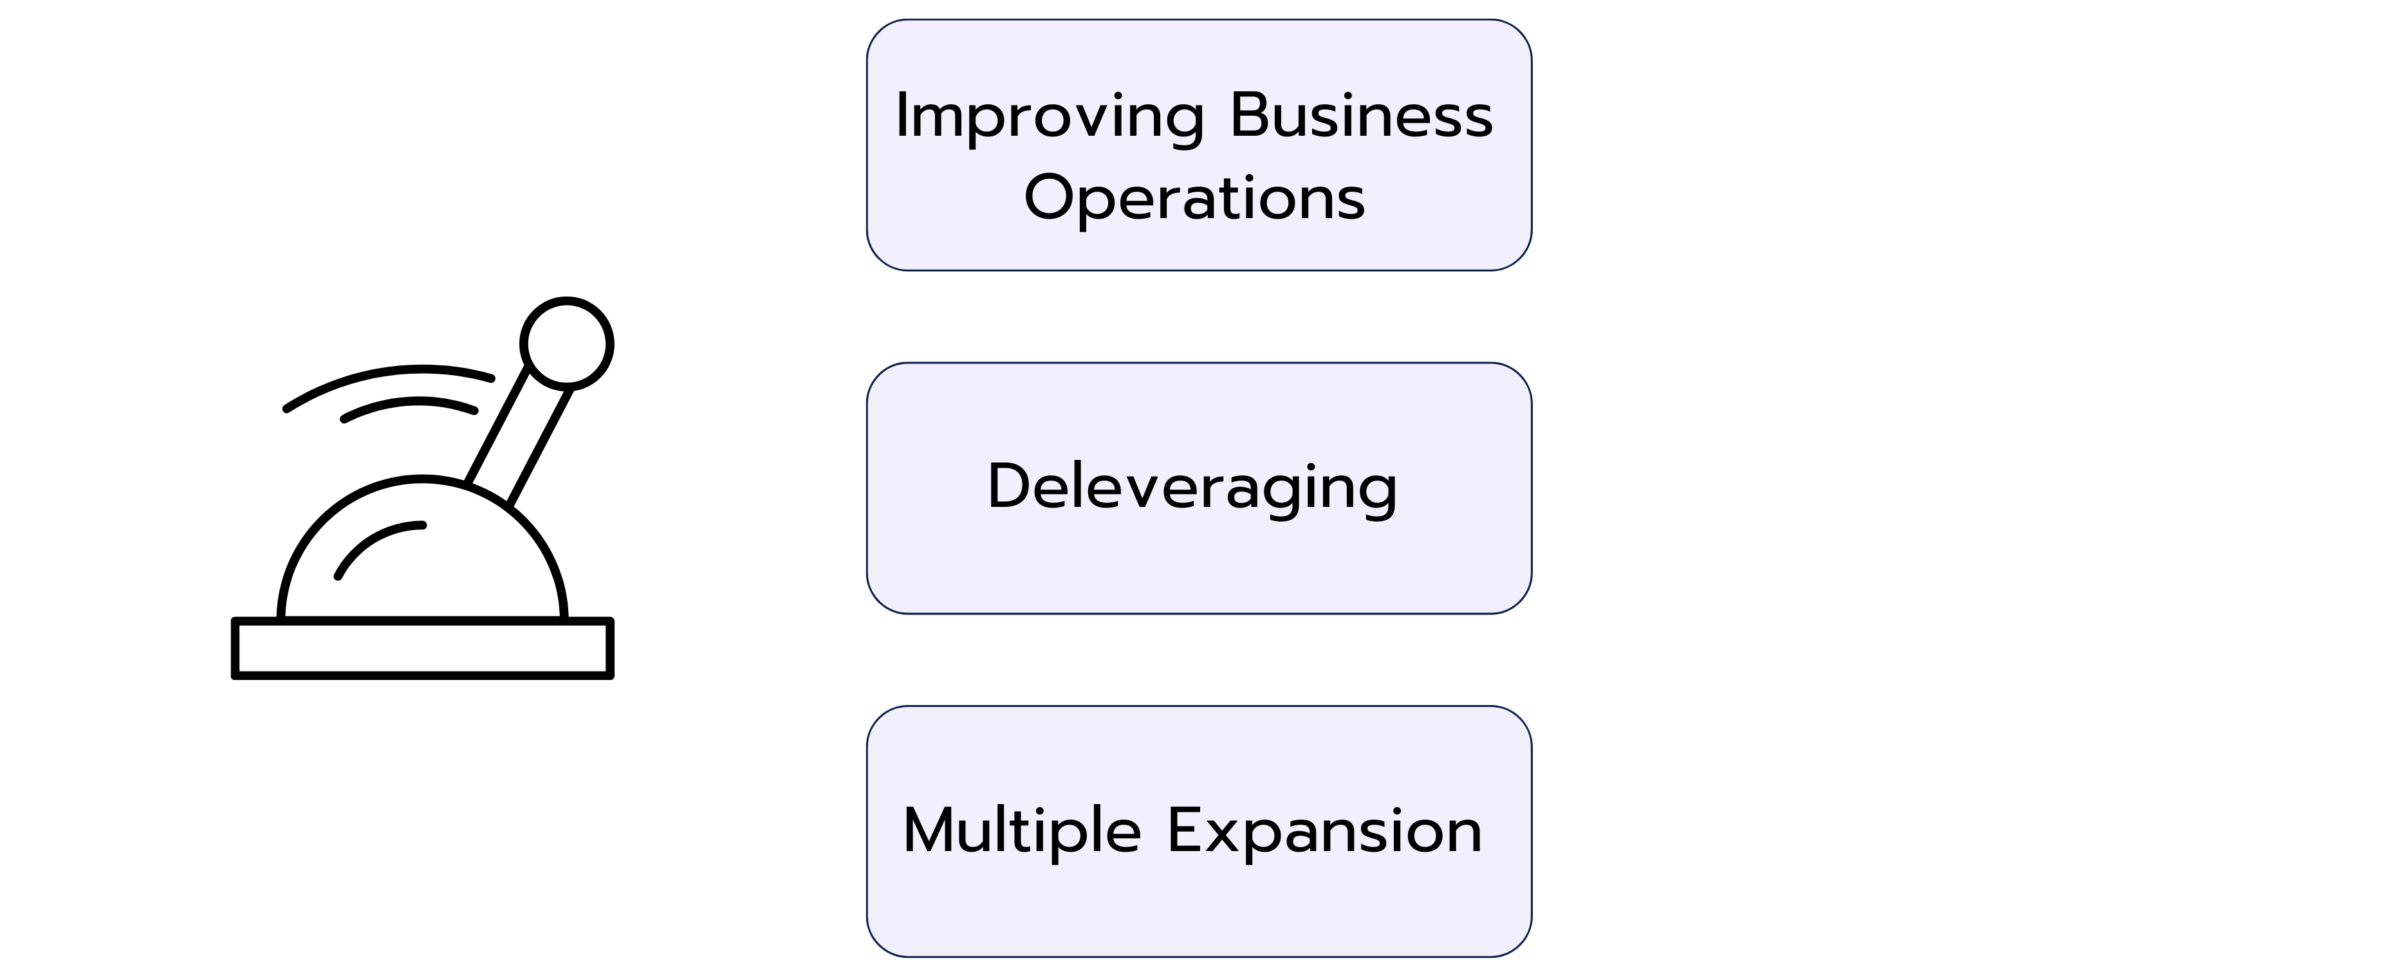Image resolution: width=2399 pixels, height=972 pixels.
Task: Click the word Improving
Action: pos(1050,118)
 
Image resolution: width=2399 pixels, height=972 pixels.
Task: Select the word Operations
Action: pos(1195,198)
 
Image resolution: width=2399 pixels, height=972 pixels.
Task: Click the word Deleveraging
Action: pos(1193,488)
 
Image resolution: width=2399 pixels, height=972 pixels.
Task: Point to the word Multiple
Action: pos(1023,831)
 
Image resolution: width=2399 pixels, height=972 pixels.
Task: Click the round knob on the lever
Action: pos(567,344)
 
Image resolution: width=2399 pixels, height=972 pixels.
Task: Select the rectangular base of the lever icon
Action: pos(423,648)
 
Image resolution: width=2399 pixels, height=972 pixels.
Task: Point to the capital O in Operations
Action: pos(1050,197)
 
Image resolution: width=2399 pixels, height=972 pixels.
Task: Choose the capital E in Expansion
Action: pos(1185,830)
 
